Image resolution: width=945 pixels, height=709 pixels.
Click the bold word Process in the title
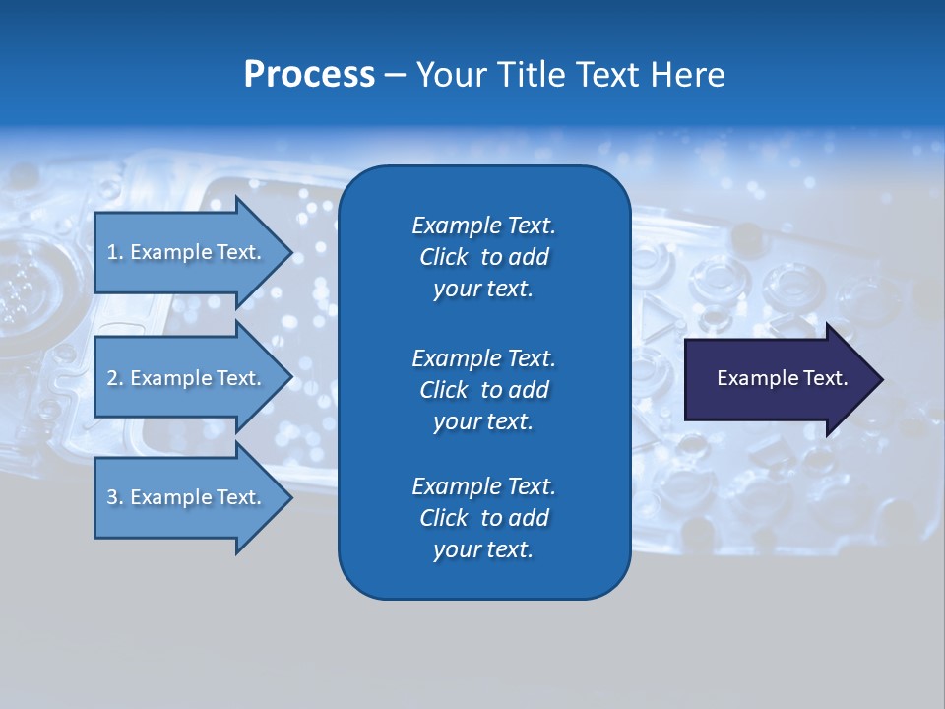pyautogui.click(x=309, y=75)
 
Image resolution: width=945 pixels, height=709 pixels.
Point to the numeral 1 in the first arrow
pyautogui.click(x=112, y=252)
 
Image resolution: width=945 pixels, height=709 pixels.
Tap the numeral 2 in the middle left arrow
pyautogui.click(x=112, y=378)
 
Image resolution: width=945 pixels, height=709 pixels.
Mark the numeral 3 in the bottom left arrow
pyautogui.click(x=112, y=497)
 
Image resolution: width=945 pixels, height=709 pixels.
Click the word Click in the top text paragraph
pyautogui.click(x=443, y=257)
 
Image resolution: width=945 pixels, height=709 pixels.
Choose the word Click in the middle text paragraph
pyautogui.click(x=443, y=390)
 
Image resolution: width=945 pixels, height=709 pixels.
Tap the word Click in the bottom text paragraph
pyautogui.click(x=443, y=518)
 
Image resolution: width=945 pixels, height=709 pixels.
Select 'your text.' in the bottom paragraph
pyautogui.click(x=483, y=549)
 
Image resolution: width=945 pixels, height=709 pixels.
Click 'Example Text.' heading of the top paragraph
pyautogui.click(x=483, y=226)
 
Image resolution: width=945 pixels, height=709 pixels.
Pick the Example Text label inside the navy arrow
pyautogui.click(x=782, y=378)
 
